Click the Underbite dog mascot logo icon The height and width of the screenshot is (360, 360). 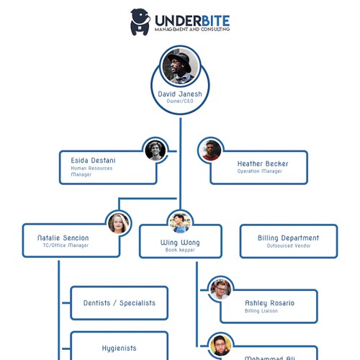[x=140, y=22]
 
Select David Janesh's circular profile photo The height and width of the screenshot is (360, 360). [x=179, y=67]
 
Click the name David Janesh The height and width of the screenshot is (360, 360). [x=179, y=94]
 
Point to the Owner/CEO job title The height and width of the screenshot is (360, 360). [x=179, y=102]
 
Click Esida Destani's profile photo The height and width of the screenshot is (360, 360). [x=156, y=150]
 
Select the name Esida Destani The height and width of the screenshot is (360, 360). [x=93, y=160]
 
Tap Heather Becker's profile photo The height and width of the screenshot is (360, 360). [x=210, y=150]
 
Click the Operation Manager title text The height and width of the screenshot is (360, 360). [x=259, y=171]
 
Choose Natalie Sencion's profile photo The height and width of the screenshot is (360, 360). [x=119, y=222]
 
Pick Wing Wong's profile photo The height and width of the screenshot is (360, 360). [x=179, y=221]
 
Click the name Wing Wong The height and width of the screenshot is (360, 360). [x=180, y=243]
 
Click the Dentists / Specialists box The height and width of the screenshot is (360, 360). [x=120, y=303]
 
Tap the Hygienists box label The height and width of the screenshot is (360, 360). [x=120, y=348]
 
